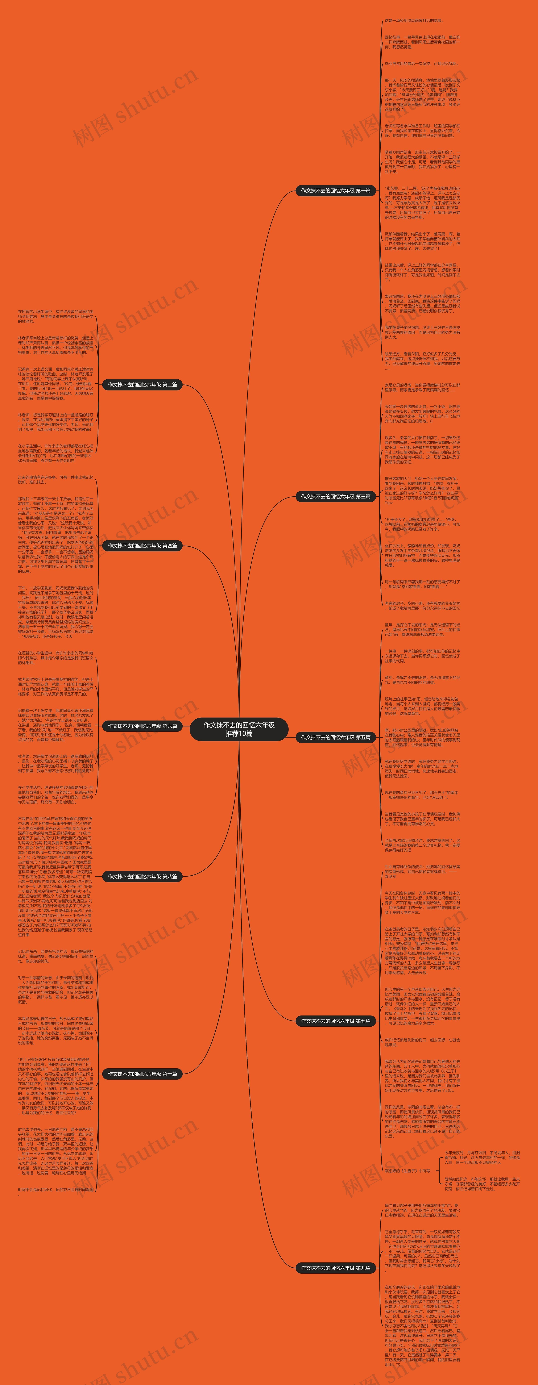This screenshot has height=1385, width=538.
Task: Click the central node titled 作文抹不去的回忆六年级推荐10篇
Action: [x=239, y=729]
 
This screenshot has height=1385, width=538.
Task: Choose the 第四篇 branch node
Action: [x=142, y=546]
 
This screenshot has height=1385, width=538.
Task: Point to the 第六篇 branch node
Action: [x=142, y=726]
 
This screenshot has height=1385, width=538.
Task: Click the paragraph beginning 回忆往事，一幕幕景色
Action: [x=422, y=42]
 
